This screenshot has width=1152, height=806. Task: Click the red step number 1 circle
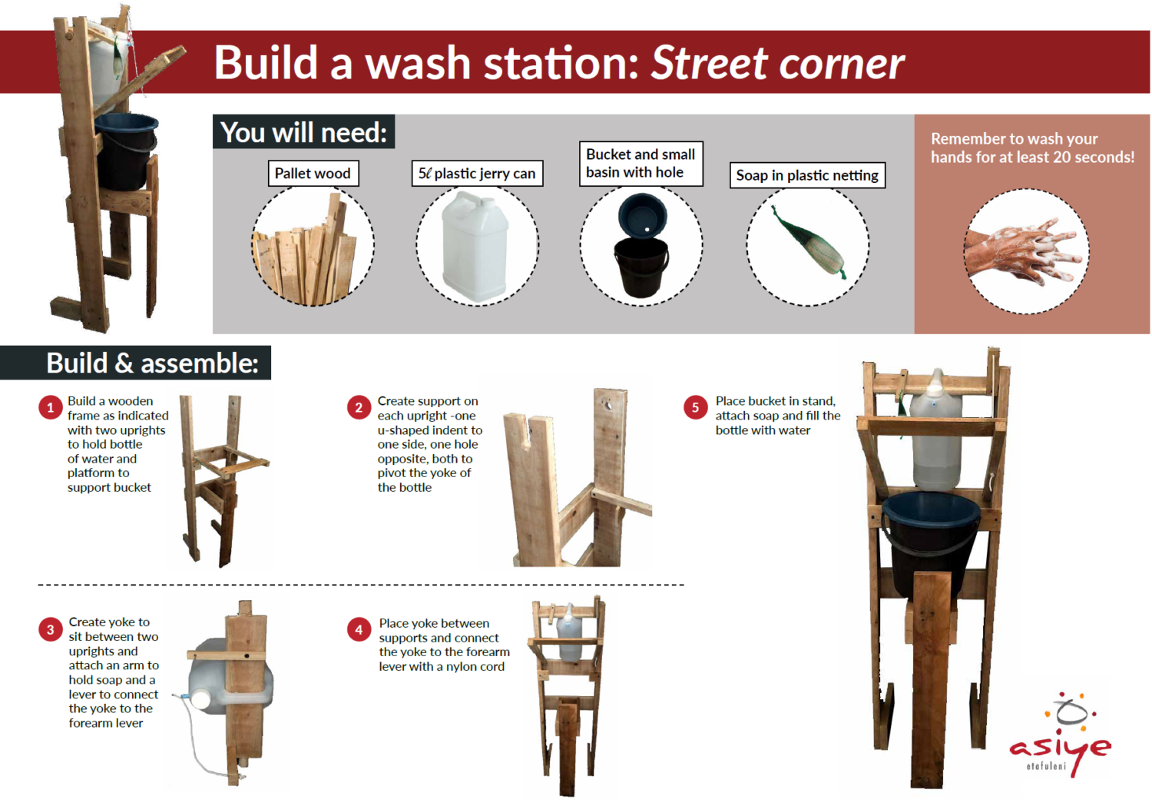point(51,407)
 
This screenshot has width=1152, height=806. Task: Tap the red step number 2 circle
point(359,407)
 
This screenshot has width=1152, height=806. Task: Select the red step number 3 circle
point(51,630)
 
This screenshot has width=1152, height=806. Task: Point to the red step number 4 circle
point(359,630)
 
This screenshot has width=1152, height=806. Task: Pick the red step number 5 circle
point(696,407)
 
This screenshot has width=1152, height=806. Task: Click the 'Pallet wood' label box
point(313,174)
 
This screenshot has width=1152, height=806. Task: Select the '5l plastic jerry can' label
point(477,174)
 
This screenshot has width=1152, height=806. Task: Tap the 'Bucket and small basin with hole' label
point(641,164)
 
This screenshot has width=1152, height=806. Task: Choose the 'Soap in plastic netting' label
point(806,175)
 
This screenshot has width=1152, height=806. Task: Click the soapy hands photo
point(1026,250)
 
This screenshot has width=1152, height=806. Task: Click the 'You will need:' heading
point(303,133)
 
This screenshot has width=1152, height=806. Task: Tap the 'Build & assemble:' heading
point(152,363)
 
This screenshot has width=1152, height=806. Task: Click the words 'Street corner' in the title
point(777,63)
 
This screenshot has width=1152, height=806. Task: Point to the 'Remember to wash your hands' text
point(1031,148)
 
